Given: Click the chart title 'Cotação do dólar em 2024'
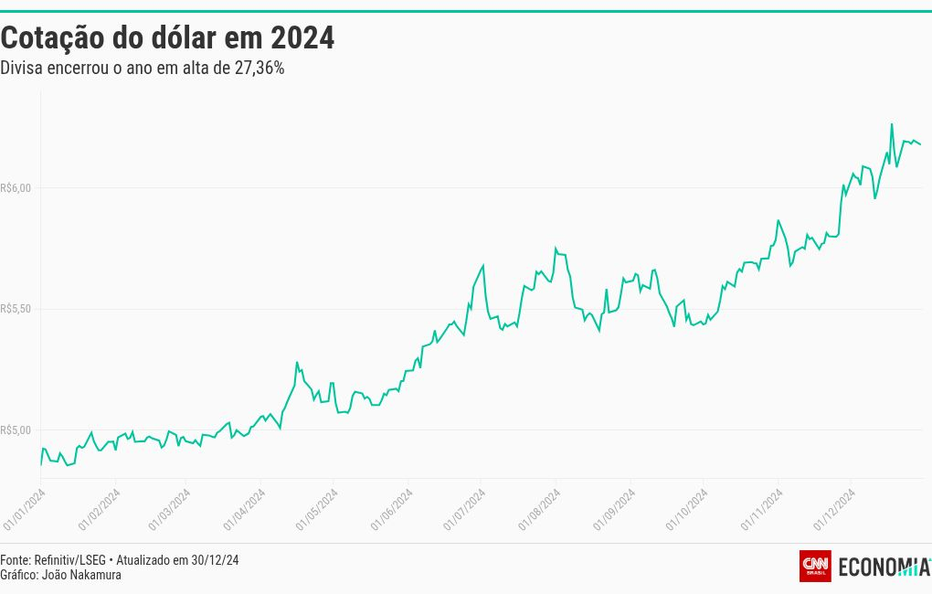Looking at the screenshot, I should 167,38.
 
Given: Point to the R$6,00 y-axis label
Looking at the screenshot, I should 16,188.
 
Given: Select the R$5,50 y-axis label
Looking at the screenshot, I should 16,309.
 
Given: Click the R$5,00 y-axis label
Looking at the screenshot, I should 16,430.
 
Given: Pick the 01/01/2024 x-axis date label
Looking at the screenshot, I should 24,509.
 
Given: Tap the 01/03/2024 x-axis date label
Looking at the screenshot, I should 169,509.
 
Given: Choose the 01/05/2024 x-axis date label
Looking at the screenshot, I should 316,509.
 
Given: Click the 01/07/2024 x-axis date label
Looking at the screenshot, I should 464,509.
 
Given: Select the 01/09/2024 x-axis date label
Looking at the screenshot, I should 613,509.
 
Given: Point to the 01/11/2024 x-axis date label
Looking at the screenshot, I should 761,509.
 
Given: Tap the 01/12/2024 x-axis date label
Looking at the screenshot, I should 833,509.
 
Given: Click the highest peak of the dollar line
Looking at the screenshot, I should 892,123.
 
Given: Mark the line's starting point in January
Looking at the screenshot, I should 41,464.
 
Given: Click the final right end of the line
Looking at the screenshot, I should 920,144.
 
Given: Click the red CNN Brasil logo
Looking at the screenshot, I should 815,567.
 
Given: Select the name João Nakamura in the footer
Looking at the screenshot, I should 82,575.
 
